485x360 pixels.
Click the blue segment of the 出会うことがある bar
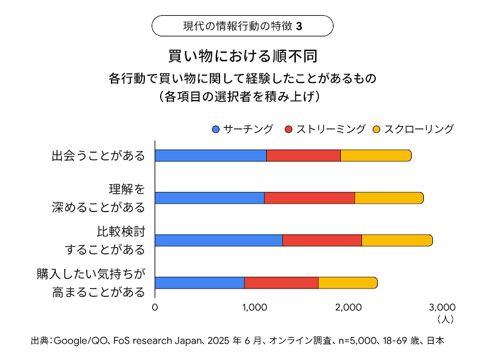tap(210, 155)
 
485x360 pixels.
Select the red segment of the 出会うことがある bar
tap(303, 155)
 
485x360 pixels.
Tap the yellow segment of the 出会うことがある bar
tap(375, 155)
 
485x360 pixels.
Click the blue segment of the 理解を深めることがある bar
tap(209, 198)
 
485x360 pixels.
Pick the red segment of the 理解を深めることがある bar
tap(309, 198)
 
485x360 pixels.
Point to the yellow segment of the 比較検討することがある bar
tap(396, 240)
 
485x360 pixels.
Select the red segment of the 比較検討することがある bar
tap(322, 240)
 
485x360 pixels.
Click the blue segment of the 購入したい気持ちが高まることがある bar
tap(199, 282)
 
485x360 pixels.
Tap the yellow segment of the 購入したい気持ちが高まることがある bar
tap(347, 282)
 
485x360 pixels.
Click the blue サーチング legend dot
tap(216, 129)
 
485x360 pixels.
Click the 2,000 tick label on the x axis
tap(348, 307)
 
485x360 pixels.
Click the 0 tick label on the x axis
tap(155, 307)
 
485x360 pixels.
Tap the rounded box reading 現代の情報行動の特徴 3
tap(242, 26)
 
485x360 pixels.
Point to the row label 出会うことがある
tap(98, 156)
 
